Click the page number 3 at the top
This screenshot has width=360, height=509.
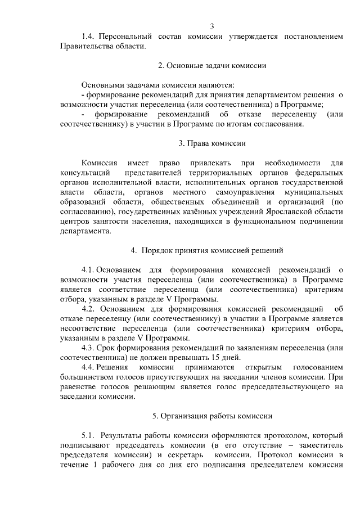[x=212, y=26]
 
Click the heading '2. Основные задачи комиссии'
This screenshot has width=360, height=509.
[x=212, y=65]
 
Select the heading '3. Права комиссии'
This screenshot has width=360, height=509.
[x=212, y=143]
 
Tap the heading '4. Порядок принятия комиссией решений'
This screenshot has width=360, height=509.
[x=211, y=250]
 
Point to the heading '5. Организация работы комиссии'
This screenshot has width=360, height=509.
[x=212, y=416]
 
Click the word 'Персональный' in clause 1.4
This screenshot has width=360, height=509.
[x=128, y=37]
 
